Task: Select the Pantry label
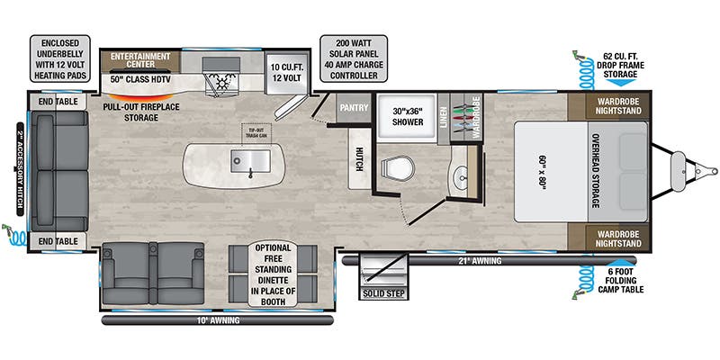(x=350, y=108)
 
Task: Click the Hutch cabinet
(x=358, y=159)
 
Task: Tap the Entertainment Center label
(x=140, y=61)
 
